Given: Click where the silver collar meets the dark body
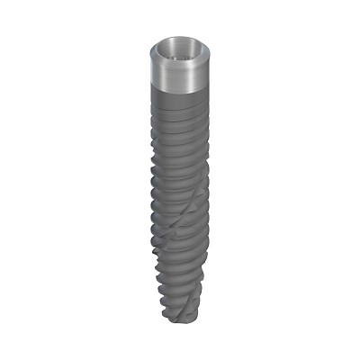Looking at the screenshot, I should [x=181, y=93].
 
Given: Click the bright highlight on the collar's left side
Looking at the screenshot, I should [x=158, y=72].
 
